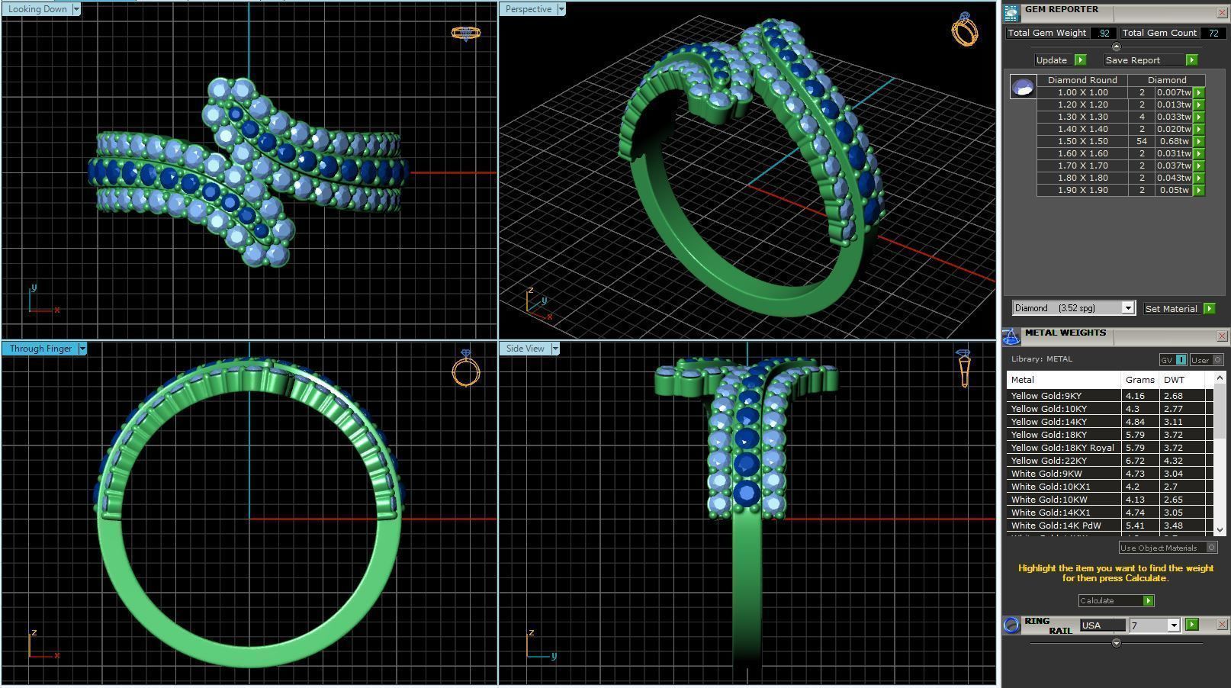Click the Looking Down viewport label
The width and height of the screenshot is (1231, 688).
tap(37, 9)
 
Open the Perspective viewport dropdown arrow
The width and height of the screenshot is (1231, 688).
tap(561, 9)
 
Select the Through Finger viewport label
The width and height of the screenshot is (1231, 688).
tap(40, 349)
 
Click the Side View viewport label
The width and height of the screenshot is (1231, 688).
tap(525, 349)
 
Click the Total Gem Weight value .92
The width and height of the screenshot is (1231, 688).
tap(1104, 33)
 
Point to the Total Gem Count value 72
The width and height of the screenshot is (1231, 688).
tap(1212, 33)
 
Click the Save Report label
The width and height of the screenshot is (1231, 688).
tap(1132, 60)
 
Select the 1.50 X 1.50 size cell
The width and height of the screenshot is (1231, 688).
tap(1082, 141)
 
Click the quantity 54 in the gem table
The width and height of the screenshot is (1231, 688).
tap(1141, 141)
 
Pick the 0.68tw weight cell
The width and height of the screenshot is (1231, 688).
tap(1174, 141)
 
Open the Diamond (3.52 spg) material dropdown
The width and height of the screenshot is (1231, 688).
tap(1127, 308)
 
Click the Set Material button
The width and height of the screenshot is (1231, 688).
tap(1171, 309)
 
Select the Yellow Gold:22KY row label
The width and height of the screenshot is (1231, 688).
tap(1049, 461)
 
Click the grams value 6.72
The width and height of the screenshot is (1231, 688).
tap(1136, 461)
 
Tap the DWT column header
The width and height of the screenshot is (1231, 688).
tap(1174, 380)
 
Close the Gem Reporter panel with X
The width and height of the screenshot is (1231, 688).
tap(1221, 13)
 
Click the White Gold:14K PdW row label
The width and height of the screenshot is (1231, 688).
tap(1056, 526)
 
